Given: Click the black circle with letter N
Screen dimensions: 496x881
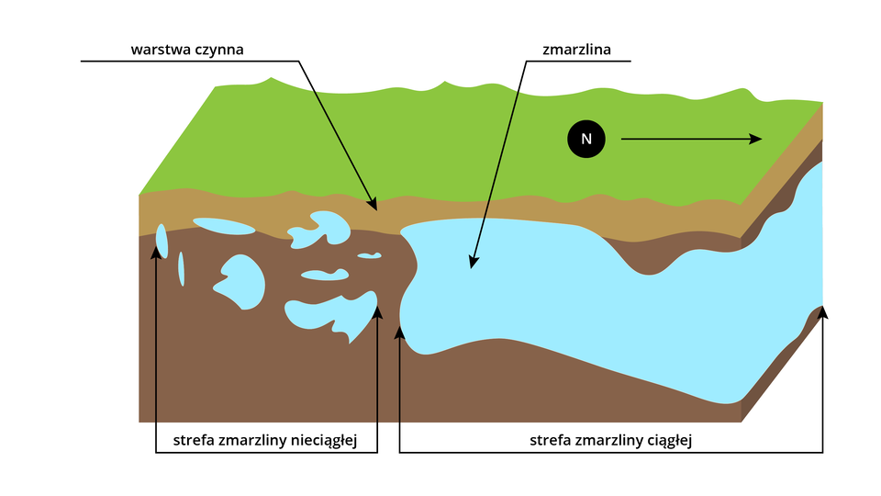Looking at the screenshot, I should click(585, 139).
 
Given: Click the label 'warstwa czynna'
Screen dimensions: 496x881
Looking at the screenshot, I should click(187, 49).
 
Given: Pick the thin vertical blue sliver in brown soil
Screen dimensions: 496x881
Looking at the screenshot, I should click(182, 267).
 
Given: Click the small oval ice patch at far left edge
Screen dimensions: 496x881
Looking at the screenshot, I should click(162, 241).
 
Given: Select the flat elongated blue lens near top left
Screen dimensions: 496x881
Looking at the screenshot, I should click(223, 226).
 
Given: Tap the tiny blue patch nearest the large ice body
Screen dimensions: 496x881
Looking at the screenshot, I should click(370, 255).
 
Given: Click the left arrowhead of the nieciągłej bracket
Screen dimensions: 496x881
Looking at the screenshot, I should click(157, 253).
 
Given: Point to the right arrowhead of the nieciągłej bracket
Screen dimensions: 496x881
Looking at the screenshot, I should click(377, 313).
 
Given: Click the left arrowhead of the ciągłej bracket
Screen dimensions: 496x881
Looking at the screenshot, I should click(399, 332).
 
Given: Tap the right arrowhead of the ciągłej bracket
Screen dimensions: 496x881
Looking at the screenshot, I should click(822, 313).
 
